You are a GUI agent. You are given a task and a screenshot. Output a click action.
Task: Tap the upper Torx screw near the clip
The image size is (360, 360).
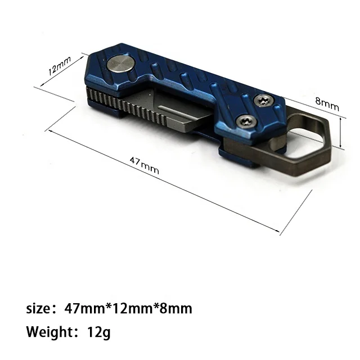click(x=263, y=101)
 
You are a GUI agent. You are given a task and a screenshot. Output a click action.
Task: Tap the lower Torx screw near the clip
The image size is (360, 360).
click(x=246, y=121)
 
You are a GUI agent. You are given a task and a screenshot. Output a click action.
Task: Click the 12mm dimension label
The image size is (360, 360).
click(x=60, y=66)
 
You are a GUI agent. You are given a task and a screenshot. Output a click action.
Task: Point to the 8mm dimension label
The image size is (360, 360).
click(x=327, y=104)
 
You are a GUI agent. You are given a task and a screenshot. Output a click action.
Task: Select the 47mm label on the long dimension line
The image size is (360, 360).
click(x=144, y=165)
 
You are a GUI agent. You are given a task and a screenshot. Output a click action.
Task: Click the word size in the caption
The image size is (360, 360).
click(x=38, y=309)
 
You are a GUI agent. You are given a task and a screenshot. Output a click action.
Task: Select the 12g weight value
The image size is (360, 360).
click(x=99, y=332)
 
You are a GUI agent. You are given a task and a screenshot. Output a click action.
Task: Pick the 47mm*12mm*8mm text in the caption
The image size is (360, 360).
click(x=128, y=308)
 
